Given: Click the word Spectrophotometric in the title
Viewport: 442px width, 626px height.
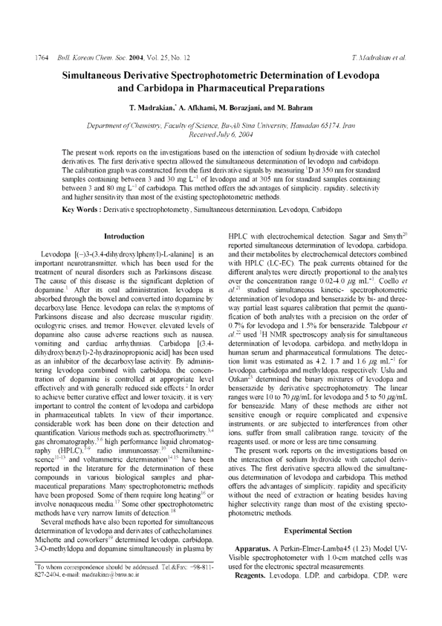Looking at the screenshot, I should coord(227,76).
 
